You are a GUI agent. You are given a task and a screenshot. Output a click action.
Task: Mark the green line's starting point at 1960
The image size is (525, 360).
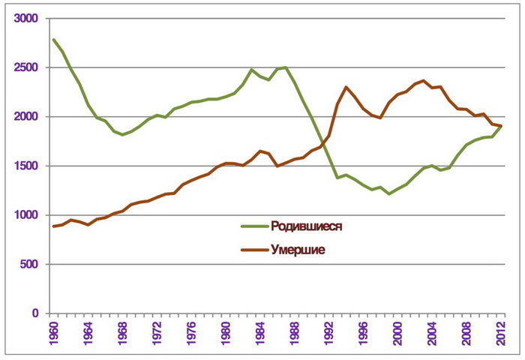[53, 39]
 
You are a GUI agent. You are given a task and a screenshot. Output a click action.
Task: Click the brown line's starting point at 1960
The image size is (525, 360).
[53, 226]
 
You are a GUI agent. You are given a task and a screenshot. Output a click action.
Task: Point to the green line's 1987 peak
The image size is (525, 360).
[286, 67]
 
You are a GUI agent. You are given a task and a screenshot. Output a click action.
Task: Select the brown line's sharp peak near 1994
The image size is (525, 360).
[346, 87]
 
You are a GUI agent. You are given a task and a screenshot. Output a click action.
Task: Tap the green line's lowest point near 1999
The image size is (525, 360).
[388, 193]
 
